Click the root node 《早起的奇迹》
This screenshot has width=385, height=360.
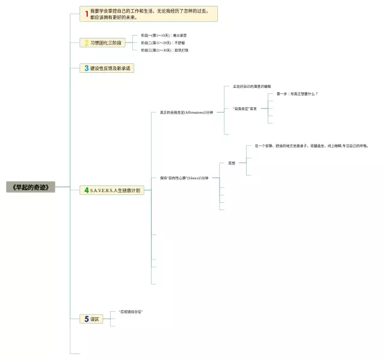tap(31, 187)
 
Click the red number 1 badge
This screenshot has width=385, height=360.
tap(87, 14)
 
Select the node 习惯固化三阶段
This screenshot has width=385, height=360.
tap(105, 43)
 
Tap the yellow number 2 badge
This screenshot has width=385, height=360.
tap(87, 43)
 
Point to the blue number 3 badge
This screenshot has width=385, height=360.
tap(87, 68)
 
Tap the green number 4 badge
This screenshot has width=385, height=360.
tap(87, 190)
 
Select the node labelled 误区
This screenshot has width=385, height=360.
tap(94, 318)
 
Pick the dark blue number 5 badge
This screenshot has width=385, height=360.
tap(87, 318)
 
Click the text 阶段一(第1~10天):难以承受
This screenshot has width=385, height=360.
tap(164, 36)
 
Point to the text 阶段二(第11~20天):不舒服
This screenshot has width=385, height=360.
tap(162, 43)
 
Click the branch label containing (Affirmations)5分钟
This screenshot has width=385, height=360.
tap(186, 112)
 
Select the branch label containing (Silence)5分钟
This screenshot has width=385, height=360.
tap(184, 178)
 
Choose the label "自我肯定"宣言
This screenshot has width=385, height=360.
tap(244, 108)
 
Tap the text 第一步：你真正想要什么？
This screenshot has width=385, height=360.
tap(297, 94)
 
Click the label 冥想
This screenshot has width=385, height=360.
tap(232, 163)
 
